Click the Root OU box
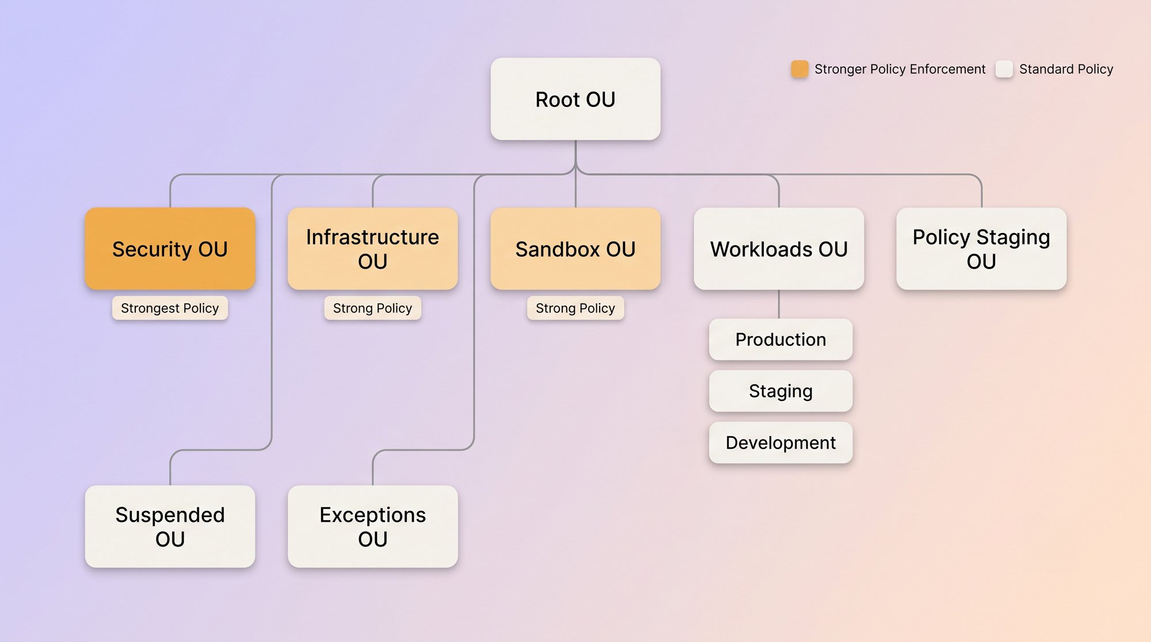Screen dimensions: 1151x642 (575, 99)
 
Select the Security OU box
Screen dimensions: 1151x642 (170, 249)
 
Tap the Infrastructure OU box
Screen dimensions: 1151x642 (372, 249)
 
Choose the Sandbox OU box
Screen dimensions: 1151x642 (575, 249)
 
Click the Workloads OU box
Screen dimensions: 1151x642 (779, 249)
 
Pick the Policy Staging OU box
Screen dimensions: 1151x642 (981, 249)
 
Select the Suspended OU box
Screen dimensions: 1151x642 (170, 526)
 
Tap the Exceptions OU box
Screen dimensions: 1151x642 (372, 526)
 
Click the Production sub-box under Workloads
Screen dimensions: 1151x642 (780, 339)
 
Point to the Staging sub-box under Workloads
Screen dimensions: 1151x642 (780, 391)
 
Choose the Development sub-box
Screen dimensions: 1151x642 (780, 442)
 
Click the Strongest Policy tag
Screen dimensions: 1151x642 (170, 308)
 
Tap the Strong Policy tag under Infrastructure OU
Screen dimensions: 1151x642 (372, 308)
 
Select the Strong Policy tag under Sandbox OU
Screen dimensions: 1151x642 (575, 308)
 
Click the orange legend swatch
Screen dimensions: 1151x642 (799, 69)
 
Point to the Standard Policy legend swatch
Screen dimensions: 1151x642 (1004, 69)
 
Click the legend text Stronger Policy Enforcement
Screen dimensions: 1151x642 (900, 69)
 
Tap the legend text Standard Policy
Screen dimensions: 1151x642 (1066, 69)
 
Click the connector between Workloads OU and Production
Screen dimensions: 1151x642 (779, 304)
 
